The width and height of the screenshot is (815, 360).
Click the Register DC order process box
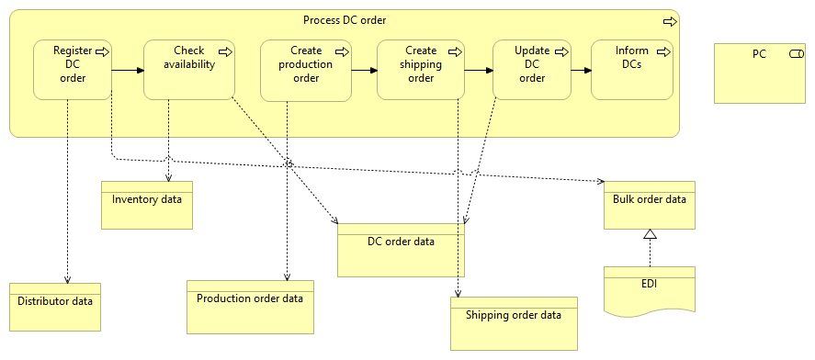(72, 70)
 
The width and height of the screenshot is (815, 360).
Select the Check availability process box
(188, 70)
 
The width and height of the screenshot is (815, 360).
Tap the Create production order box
(305, 70)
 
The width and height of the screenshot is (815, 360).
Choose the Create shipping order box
(421, 70)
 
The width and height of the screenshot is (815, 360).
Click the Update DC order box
(531, 70)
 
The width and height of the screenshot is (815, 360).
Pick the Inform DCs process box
(631, 70)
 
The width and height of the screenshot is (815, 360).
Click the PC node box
(761, 72)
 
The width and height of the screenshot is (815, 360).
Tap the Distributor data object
(55, 307)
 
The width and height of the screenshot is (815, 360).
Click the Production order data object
(250, 307)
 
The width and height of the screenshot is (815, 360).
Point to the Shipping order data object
(513, 322)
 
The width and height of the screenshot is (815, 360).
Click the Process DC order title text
(345, 20)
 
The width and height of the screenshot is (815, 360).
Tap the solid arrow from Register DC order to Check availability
(128, 70)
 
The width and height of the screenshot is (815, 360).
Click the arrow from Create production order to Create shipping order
(363, 70)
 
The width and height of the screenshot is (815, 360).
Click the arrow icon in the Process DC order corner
(669, 20)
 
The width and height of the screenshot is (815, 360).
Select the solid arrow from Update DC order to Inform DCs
(580, 70)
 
